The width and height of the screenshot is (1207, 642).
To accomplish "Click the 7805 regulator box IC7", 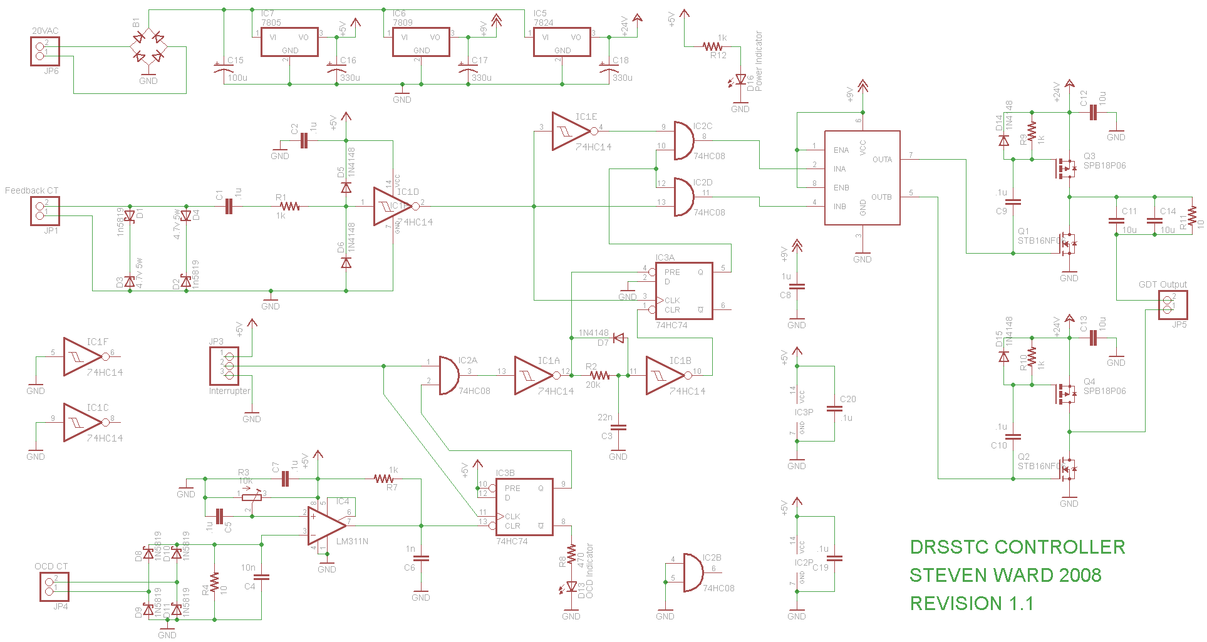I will pyautogui.click(x=289, y=42).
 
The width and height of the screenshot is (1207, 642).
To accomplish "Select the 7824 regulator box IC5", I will pyautogui.click(x=562, y=42).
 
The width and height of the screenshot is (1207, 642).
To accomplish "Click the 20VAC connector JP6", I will pyautogui.click(x=45, y=51).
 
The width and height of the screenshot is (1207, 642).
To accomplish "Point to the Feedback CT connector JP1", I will pyautogui.click(x=45, y=211).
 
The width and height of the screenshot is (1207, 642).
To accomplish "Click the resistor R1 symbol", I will pyautogui.click(x=289, y=206).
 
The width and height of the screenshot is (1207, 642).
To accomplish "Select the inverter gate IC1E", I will pyautogui.click(x=571, y=132).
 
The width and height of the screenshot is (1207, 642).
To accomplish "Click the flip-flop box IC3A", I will pyautogui.click(x=684, y=291).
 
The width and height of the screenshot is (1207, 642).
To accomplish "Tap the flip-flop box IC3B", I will pyautogui.click(x=524, y=507).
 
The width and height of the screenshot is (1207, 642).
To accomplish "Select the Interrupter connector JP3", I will pyautogui.click(x=224, y=366).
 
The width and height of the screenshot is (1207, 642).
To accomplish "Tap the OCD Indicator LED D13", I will pyautogui.click(x=571, y=587).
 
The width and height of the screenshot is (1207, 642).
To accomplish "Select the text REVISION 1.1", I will pyautogui.click(x=971, y=604).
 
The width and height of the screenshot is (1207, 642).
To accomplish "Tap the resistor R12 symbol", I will pyautogui.click(x=713, y=46).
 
